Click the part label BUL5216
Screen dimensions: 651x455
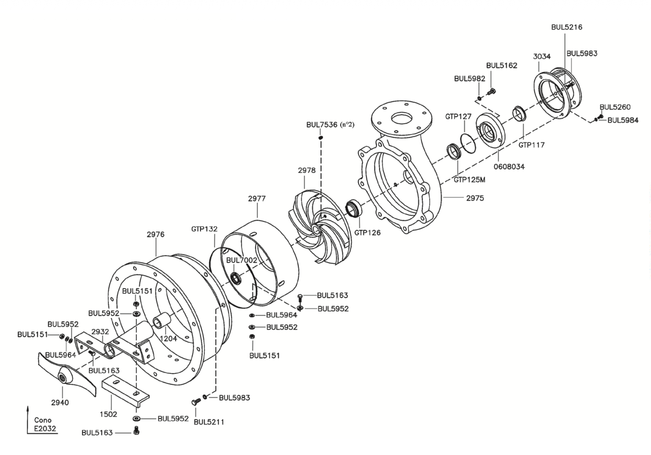coord(567,27)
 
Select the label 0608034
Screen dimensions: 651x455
coord(509,167)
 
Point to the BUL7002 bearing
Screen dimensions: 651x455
coord(236,278)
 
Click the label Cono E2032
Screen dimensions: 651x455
coord(44,425)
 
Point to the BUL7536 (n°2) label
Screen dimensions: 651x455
coord(330,125)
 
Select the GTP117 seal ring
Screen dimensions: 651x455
coord(520,114)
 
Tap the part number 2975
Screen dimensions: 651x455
coord(475,198)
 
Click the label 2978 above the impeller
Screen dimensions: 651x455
coord(307,170)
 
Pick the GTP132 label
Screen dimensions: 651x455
coord(204,229)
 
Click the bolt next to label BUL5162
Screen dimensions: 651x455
coord(492,92)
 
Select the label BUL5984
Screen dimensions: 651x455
coord(623,120)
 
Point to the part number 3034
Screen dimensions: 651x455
coord(542,57)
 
